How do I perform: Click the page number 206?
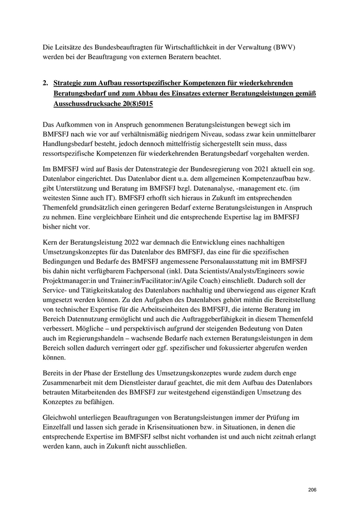point(312,489)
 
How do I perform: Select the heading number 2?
point(46,82)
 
